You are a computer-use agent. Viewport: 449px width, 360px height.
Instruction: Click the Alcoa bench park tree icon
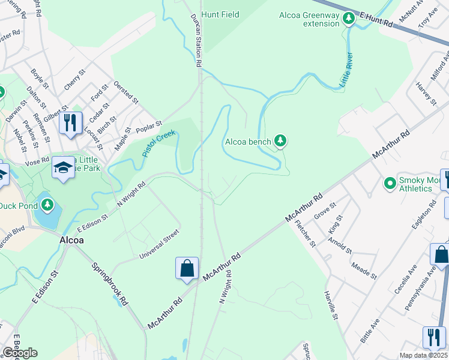[280, 141]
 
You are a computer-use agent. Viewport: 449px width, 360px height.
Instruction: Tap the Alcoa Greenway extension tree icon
[348, 19]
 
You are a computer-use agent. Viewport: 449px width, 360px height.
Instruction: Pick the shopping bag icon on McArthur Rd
[187, 268]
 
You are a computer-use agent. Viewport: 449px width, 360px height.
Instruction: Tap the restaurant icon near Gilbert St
[71, 124]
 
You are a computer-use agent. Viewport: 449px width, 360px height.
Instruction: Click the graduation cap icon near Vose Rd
[62, 167]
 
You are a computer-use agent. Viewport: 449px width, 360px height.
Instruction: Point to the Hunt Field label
[220, 14]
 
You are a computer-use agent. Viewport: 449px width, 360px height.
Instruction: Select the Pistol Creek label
[158, 143]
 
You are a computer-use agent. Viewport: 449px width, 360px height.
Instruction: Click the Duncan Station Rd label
[196, 40]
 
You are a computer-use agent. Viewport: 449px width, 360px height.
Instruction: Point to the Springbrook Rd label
[110, 285]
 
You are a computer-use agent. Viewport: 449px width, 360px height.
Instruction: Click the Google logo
[19, 353]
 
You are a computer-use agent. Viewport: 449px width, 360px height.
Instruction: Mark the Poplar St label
[149, 128]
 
